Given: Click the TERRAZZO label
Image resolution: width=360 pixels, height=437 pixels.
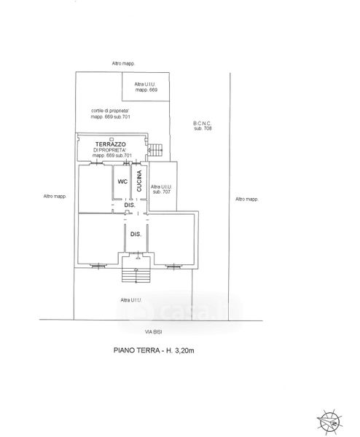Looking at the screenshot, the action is pos(111,144).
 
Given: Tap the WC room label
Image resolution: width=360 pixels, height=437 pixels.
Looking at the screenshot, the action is pos(122,181).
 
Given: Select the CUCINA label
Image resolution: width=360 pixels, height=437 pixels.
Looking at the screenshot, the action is pos(139,181).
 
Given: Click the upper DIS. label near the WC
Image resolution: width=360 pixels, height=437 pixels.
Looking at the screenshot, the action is pos(130,205).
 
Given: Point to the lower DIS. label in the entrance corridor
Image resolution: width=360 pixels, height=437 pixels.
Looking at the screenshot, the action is pos(136,235).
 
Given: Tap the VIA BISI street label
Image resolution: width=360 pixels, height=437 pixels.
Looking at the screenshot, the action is pos(153,332).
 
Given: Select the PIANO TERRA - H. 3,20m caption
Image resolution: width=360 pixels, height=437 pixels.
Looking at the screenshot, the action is pos(154,350).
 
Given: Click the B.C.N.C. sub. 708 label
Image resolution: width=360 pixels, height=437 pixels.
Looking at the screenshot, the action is pos(203,126).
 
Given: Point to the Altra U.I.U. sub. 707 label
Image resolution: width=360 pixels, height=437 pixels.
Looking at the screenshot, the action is pos(161,189).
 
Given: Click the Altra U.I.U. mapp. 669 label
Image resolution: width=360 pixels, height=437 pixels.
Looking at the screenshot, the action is pos(146,87).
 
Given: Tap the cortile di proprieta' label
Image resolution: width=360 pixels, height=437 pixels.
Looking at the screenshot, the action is pos(111,114).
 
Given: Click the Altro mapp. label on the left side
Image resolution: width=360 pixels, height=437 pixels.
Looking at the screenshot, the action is pos(55,196).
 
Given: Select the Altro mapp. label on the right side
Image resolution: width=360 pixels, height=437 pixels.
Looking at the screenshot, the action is pos(247,199).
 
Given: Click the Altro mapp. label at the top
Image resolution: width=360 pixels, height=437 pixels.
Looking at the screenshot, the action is pos(123,63).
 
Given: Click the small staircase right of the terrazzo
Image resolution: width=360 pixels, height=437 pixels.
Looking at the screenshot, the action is pos(154,150).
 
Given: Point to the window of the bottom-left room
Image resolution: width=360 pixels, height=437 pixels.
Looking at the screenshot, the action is pos(98,266).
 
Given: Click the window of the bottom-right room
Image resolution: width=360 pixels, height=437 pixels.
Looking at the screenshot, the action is pos(173,267).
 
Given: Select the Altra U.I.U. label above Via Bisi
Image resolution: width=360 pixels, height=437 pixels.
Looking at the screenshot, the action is pos(131,300).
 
